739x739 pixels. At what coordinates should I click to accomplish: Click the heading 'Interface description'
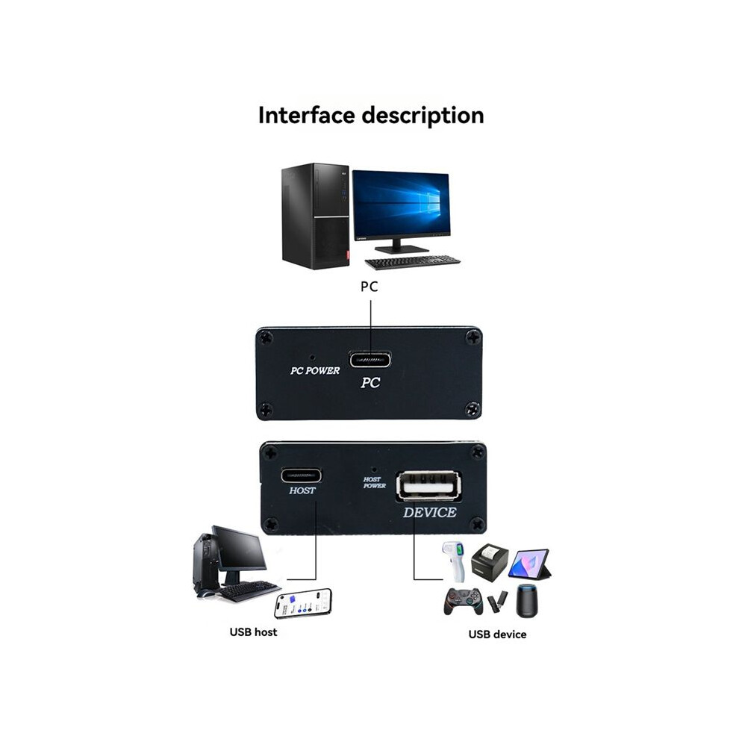[371, 116]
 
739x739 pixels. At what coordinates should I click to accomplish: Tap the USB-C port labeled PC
[370, 360]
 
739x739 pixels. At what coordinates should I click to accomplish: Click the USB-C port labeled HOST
[302, 475]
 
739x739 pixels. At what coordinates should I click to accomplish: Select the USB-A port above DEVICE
[429, 485]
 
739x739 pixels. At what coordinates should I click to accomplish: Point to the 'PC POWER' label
[315, 371]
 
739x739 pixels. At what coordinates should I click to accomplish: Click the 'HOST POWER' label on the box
[374, 483]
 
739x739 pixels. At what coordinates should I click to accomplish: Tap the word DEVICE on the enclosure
[429, 512]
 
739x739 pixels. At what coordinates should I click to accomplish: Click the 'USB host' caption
[253, 632]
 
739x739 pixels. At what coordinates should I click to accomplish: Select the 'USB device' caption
[497, 634]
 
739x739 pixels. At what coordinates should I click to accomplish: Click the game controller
[464, 601]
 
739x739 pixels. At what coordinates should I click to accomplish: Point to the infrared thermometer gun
[454, 561]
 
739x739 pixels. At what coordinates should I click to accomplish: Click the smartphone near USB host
[303, 603]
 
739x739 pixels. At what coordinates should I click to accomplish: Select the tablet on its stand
[530, 564]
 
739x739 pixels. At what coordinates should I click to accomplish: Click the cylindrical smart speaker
[526, 600]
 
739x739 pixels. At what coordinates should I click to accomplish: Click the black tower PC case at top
[315, 216]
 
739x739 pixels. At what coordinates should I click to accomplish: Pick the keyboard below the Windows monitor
[412, 262]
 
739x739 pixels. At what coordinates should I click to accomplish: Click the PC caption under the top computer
[369, 287]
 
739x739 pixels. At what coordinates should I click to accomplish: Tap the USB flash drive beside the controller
[496, 602]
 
